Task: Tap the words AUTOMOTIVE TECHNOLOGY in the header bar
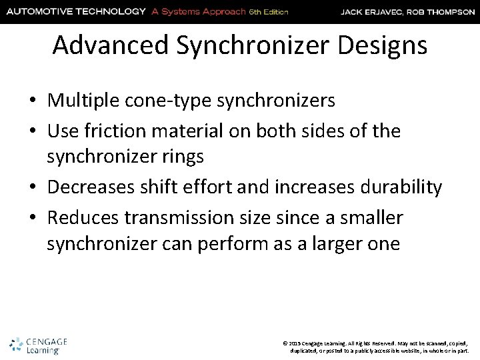(x=74, y=11)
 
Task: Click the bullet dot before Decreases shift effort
(x=32, y=189)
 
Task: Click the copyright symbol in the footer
(x=285, y=342)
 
